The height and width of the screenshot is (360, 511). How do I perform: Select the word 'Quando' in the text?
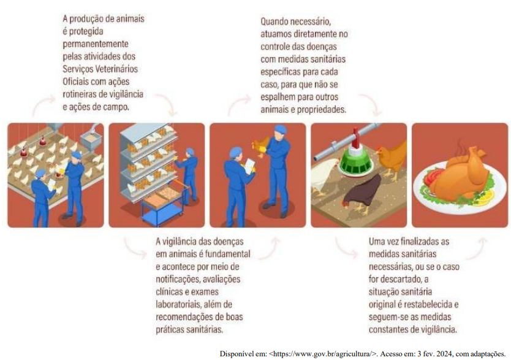274,22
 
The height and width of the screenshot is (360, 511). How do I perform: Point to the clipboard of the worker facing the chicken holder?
251,166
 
